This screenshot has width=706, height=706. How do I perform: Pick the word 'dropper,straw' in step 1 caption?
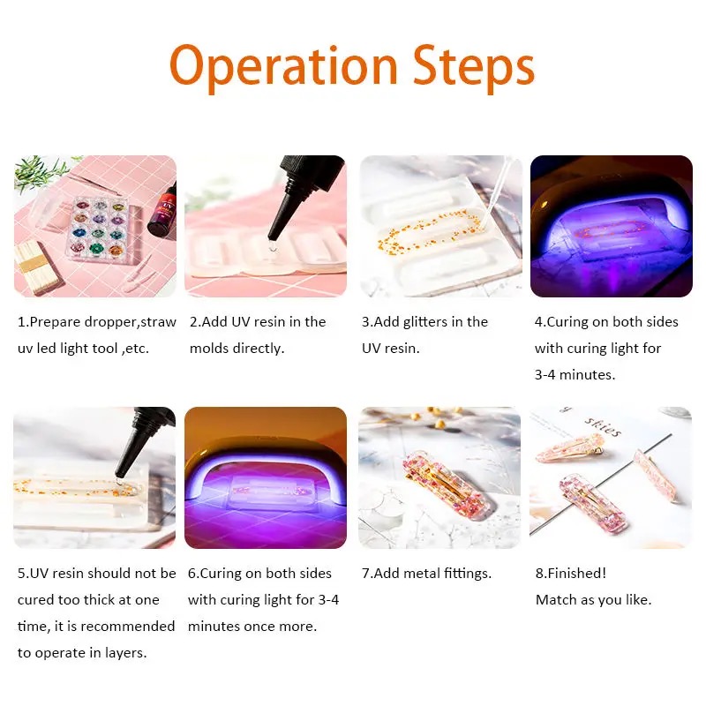click(x=130, y=322)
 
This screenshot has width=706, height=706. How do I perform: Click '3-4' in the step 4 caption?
click(x=545, y=374)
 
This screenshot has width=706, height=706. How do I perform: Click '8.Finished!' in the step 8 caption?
click(x=570, y=573)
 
